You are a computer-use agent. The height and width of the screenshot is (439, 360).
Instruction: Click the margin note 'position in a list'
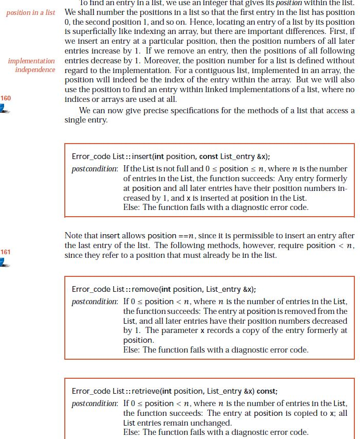click(x=30, y=12)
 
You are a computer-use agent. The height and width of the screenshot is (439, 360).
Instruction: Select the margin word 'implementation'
click(x=31, y=61)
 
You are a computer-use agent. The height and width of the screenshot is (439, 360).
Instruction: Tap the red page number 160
click(x=6, y=98)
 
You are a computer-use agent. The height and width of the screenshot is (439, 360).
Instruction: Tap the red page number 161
click(x=6, y=252)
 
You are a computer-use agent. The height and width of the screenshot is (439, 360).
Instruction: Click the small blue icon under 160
click(x=5, y=109)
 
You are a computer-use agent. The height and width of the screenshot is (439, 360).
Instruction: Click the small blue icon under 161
click(x=5, y=262)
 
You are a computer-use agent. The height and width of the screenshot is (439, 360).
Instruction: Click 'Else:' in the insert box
click(x=132, y=207)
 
